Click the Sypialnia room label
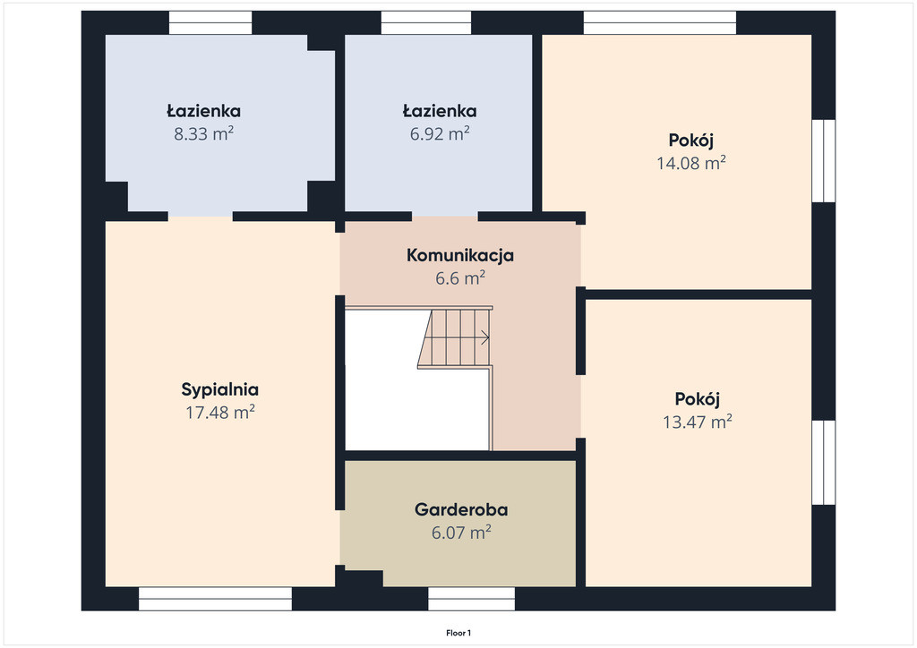pyautogui.click(x=220, y=389)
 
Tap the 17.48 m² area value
pyautogui.click(x=220, y=413)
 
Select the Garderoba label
pyautogui.click(x=461, y=509)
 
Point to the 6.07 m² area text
pyautogui.click(x=461, y=533)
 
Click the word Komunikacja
pyautogui.click(x=460, y=255)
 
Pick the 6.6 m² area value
pyautogui.click(x=460, y=278)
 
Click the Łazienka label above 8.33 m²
pyautogui.click(x=203, y=111)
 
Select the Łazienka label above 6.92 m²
pyautogui.click(x=440, y=111)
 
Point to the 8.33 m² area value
pyautogui.click(x=203, y=134)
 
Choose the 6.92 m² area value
pyautogui.click(x=440, y=134)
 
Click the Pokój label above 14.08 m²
pyautogui.click(x=691, y=141)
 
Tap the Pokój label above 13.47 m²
pyautogui.click(x=697, y=400)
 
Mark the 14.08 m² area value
pyautogui.click(x=691, y=163)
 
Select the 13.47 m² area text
pyautogui.click(x=697, y=422)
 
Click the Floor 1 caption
pyautogui.click(x=458, y=633)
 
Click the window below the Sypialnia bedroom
pyautogui.click(x=215, y=599)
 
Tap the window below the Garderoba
pyautogui.click(x=471, y=599)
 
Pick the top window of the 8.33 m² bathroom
pyautogui.click(x=210, y=22)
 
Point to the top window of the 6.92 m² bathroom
pyautogui.click(x=426, y=22)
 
